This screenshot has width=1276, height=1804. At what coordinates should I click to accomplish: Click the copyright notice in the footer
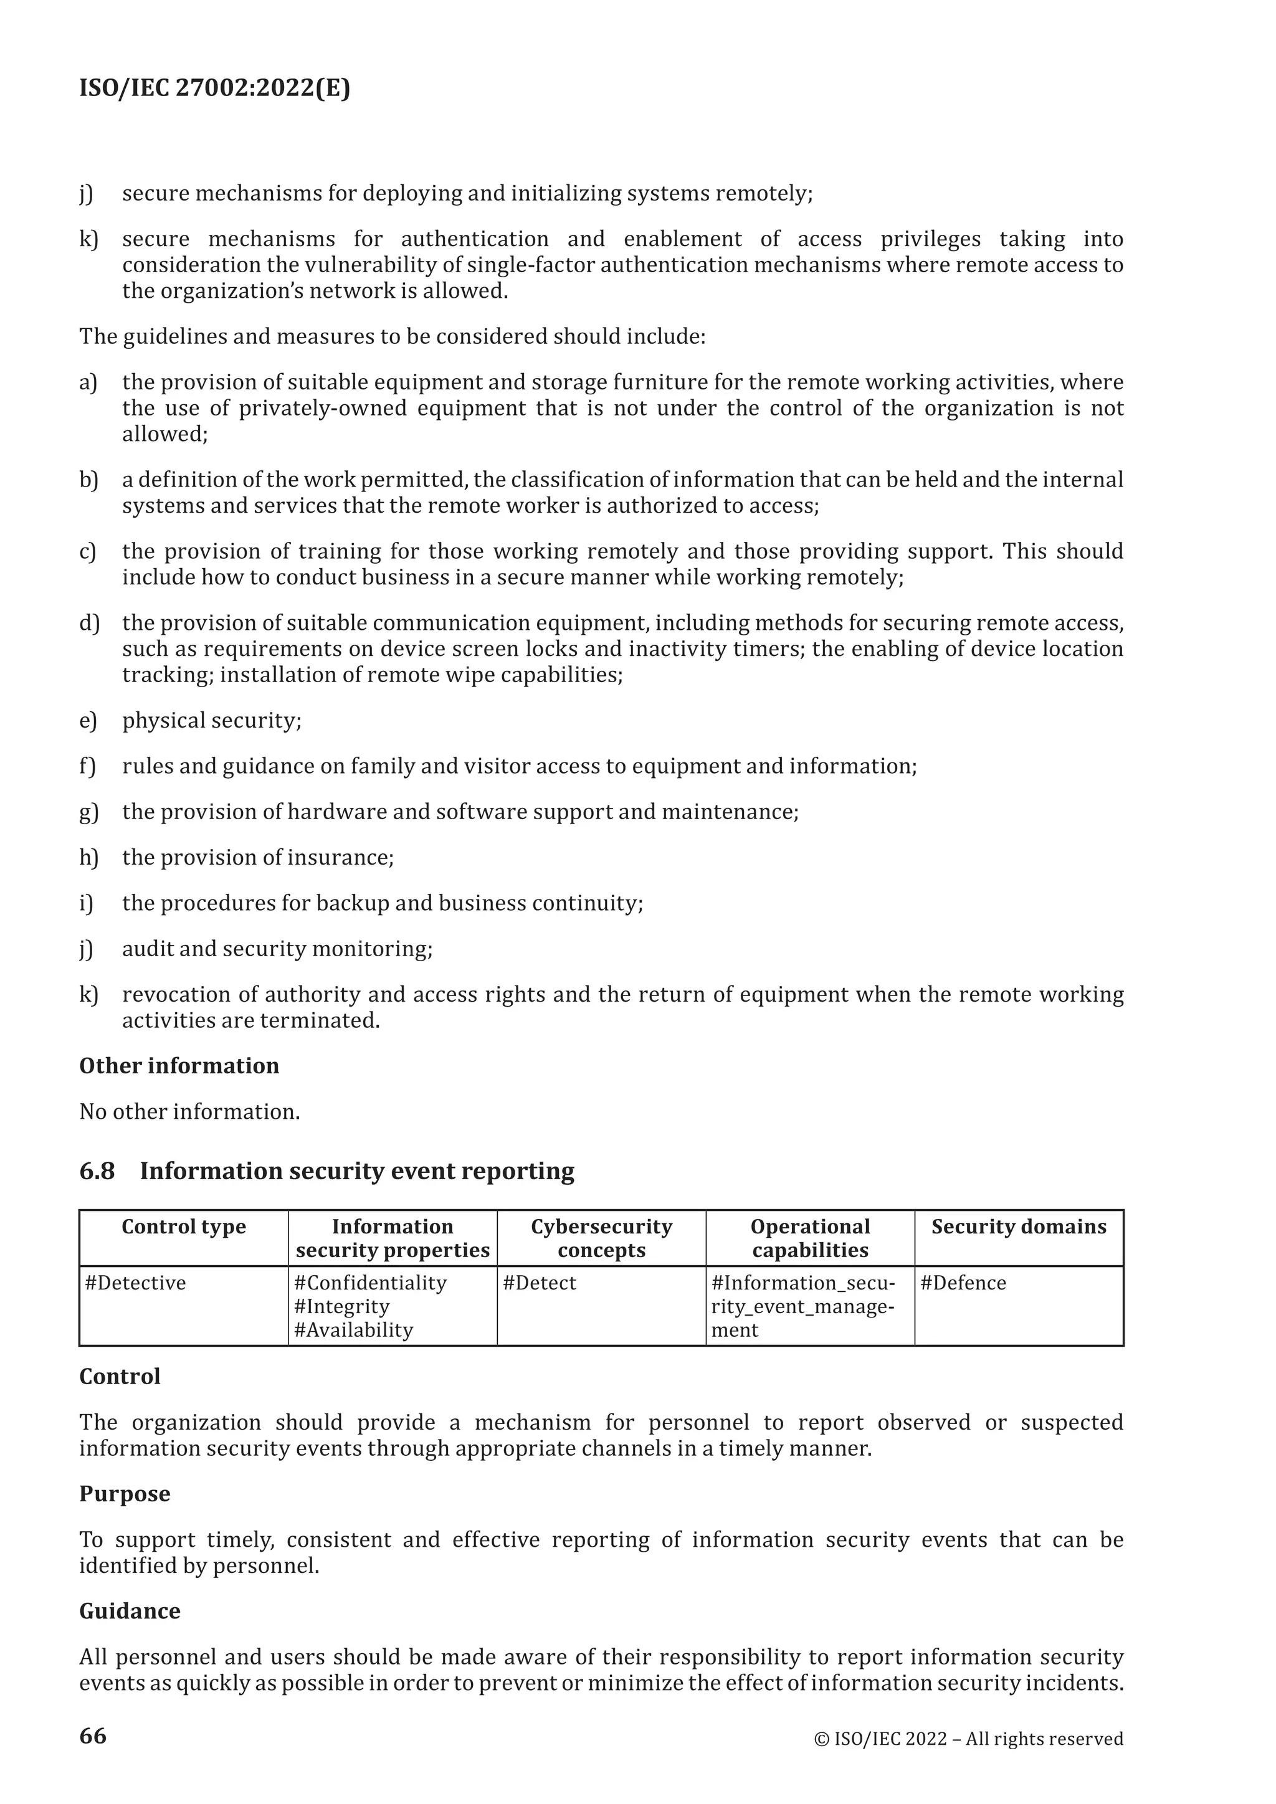point(968,1738)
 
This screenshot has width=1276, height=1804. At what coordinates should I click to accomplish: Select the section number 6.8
point(97,1170)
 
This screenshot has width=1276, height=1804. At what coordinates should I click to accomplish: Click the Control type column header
point(183,1227)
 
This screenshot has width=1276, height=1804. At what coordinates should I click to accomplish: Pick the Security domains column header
point(1018,1227)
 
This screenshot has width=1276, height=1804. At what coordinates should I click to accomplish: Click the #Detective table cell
point(136,1283)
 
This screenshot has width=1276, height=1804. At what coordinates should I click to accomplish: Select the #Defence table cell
point(963,1283)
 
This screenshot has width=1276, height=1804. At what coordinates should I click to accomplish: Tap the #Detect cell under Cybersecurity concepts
point(539,1283)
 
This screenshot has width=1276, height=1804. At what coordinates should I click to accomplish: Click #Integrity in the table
point(342,1307)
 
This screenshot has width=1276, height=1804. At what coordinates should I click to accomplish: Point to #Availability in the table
point(353,1330)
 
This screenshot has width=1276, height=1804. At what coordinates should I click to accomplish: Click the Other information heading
point(179,1065)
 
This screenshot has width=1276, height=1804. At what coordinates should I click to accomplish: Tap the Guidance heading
point(130,1611)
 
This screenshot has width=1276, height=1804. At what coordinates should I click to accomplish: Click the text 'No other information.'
point(189,1111)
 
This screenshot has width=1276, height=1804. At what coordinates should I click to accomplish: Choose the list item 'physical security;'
point(211,721)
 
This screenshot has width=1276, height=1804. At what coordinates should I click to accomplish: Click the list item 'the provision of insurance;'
point(258,857)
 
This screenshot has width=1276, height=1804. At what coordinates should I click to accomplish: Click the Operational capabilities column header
point(810,1238)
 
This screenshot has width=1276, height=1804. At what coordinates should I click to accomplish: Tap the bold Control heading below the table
point(120,1377)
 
